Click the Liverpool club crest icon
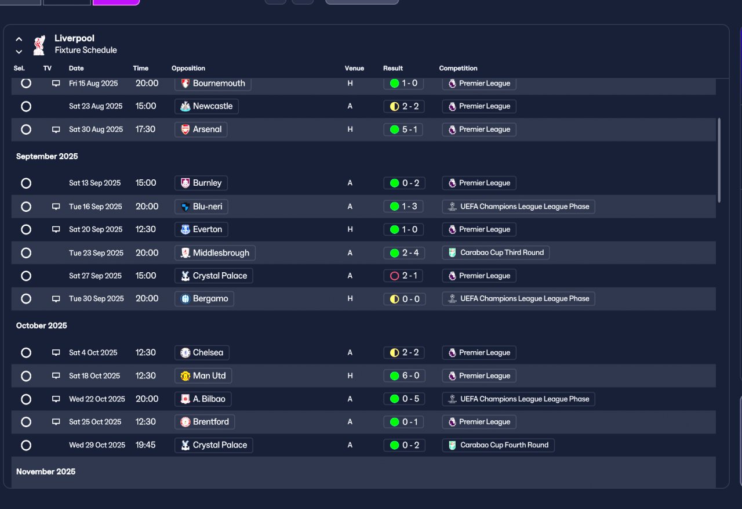coord(39,45)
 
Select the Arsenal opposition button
coord(201,129)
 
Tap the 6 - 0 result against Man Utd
coord(403,376)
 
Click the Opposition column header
coord(188,68)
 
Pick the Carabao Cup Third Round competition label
coord(496,252)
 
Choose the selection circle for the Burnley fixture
coord(26,183)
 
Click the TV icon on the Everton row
coord(56,229)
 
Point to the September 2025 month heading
coord(47,157)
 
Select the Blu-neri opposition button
coord(201,207)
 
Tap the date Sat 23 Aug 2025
coord(96,106)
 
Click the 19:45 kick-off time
coord(146,445)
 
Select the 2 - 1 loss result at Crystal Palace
coord(403,276)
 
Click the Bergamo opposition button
coord(204,299)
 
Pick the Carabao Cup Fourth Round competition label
coord(499,445)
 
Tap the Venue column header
coord(354,68)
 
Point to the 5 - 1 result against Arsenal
coord(403,129)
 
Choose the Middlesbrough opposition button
coord(214,253)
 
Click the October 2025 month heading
coord(42,326)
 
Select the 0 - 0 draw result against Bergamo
coord(403,299)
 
